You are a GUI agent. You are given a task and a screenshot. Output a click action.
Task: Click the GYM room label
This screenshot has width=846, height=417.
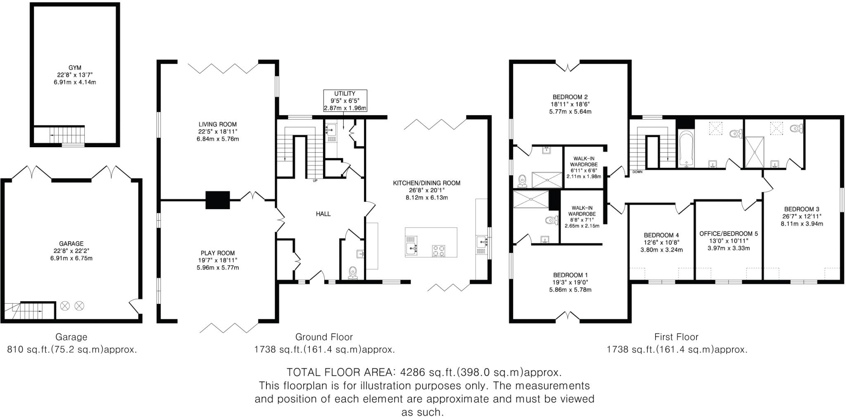point(75,68)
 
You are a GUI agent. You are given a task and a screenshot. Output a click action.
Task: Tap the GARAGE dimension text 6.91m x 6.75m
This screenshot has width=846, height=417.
point(71,259)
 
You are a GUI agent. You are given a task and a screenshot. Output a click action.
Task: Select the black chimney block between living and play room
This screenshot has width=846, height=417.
point(217,200)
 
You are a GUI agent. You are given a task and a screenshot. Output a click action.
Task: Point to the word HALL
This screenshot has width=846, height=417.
point(323,214)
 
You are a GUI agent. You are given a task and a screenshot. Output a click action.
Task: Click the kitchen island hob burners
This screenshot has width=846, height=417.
point(439,250)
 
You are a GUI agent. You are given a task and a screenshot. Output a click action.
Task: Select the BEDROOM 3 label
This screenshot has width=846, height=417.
point(801,209)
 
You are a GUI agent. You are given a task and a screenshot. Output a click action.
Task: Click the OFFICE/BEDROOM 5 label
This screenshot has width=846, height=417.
point(728,233)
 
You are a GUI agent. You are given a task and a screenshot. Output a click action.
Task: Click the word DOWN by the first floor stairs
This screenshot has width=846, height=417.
point(637,172)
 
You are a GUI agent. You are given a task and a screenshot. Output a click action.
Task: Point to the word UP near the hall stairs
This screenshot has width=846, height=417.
point(315,181)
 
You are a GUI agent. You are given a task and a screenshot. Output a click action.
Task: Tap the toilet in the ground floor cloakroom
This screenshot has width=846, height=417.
point(352,273)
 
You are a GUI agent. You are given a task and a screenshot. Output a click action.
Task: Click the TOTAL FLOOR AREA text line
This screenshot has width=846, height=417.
point(424,372)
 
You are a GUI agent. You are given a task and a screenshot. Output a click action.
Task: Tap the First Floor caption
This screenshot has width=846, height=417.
point(676,337)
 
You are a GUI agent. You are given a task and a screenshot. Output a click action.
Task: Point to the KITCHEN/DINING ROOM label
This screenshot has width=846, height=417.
point(426,183)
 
